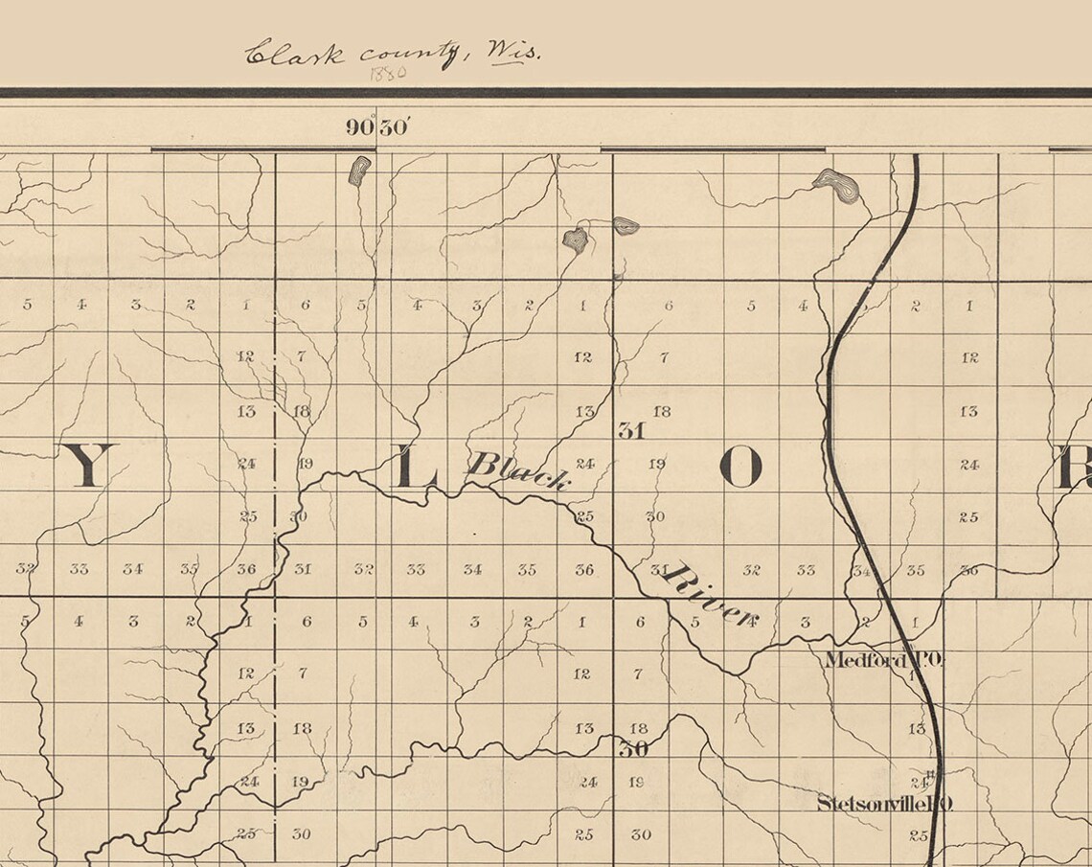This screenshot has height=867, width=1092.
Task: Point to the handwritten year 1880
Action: tap(388, 73)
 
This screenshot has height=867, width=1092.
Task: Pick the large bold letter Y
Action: tap(89, 465)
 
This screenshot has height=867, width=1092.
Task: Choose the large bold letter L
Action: tap(416, 468)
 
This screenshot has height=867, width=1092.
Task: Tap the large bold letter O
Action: tap(739, 468)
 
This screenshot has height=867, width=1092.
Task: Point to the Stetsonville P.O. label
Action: tap(883, 804)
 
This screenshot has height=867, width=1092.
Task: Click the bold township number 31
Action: tap(631, 430)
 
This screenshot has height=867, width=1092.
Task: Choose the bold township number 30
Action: tap(633, 749)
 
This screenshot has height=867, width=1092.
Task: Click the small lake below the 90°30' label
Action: tap(359, 170)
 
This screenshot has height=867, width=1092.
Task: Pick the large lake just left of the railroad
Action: tap(835, 185)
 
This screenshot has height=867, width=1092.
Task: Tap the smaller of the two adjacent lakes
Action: tap(626, 226)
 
